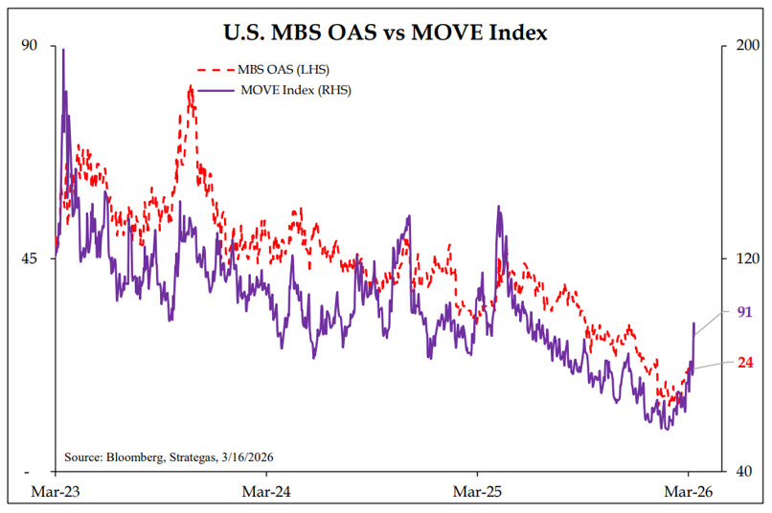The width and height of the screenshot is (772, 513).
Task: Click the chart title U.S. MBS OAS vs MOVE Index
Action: pos(385,33)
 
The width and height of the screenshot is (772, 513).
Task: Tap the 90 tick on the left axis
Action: pos(28,45)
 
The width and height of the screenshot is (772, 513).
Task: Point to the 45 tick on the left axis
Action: pos(28,258)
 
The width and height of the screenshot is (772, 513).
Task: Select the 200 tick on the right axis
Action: pos(745,45)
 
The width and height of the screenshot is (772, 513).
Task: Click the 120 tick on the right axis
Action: pos(745,258)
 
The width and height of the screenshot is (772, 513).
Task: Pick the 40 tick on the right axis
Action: pos(742,472)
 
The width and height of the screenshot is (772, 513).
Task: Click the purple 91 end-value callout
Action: pos(745,312)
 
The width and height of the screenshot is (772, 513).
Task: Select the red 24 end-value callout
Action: pos(745,362)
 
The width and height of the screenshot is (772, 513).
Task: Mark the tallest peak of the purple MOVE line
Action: pos(63,49)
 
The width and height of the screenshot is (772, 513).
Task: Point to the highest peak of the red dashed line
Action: pos(191,87)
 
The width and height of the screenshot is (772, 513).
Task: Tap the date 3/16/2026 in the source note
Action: pos(256,457)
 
